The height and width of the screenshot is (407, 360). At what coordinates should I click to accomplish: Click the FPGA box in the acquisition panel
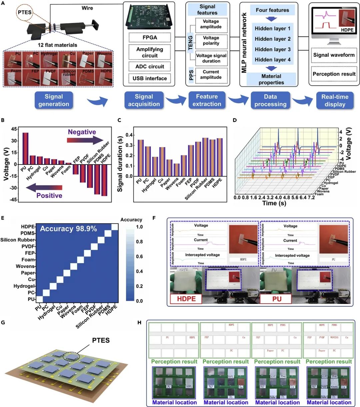coord(150,37)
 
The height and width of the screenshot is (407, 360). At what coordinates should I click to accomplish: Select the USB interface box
coord(150,78)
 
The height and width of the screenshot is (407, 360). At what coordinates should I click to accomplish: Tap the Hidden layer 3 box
coord(272,49)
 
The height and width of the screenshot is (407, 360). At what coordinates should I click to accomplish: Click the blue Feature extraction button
coord(207,100)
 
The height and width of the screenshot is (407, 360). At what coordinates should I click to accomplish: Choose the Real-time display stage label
coord(335,100)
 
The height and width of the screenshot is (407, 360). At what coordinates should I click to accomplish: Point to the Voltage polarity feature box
coord(211,40)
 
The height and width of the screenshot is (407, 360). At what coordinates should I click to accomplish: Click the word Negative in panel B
coord(82,132)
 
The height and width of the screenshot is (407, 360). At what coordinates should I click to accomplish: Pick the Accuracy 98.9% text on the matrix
coord(68,229)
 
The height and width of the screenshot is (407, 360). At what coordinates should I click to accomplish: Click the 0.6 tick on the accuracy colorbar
coord(139,257)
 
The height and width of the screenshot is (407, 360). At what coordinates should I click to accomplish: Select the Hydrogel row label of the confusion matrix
coord(24,286)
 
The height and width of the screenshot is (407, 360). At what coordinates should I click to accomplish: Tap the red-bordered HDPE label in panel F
coord(186,299)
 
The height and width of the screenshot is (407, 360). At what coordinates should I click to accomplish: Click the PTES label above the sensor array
coord(101,340)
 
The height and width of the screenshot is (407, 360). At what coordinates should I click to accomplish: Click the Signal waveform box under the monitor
coord(334,55)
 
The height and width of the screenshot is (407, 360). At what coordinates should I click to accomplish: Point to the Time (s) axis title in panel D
coord(274,203)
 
